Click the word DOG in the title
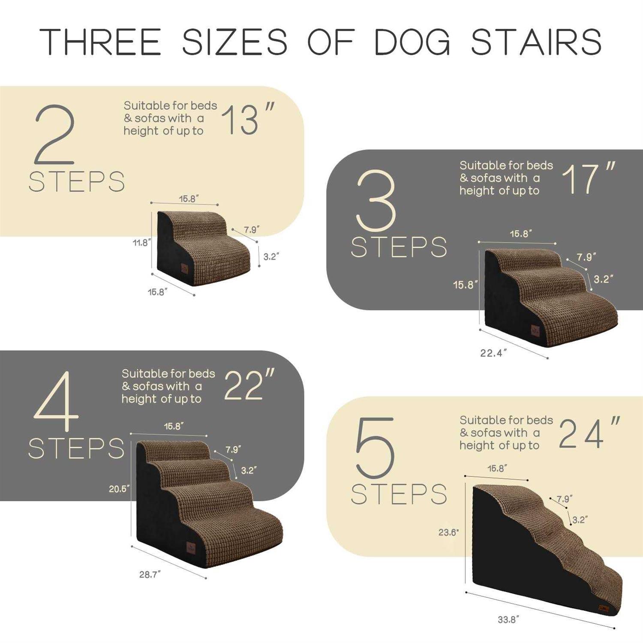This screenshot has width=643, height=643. coord(412,42)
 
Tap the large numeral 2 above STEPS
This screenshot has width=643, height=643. coord(55,135)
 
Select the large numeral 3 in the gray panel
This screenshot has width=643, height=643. coord(376,201)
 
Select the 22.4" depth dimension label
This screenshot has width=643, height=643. coord(493,353)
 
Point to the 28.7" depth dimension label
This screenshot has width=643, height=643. coord(150,574)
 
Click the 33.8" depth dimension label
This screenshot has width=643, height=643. coord(508,620)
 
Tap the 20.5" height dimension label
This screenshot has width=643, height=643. coord(119,489)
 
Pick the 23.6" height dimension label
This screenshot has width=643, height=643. coord(448,532)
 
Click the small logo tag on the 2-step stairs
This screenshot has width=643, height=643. coord(184,268)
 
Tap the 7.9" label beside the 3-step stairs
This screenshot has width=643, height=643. coord(586,257)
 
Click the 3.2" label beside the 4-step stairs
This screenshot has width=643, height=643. coord(249,470)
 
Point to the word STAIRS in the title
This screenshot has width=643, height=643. coord(536,42)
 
